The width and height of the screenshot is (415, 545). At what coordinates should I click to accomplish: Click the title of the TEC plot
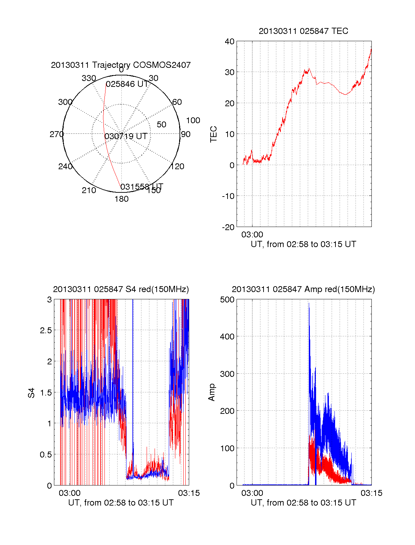[x=303, y=31]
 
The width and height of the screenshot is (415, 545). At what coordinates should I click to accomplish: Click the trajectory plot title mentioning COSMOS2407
[x=121, y=65]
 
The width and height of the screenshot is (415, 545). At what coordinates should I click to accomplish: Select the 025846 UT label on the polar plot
[x=127, y=84]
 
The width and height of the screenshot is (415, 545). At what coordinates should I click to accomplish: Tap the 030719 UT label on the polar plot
[x=126, y=136]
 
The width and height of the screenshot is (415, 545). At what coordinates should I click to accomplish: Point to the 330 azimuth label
[x=89, y=78]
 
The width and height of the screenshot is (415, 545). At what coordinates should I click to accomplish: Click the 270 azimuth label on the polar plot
[x=56, y=134]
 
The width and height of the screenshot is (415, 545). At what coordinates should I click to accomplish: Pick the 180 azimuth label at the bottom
[x=121, y=199]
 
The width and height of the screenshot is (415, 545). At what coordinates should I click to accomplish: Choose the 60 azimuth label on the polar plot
[x=177, y=102]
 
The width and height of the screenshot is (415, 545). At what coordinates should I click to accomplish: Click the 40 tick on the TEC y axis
[x=230, y=42]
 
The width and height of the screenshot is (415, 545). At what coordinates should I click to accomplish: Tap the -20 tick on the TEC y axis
[x=228, y=227]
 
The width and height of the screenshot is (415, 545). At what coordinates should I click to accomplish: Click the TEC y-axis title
[x=214, y=134]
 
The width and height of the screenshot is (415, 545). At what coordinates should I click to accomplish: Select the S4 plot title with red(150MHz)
[x=121, y=289]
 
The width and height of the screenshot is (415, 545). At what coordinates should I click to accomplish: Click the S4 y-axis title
[x=31, y=393]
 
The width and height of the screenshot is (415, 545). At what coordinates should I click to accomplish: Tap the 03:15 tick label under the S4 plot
[x=189, y=493]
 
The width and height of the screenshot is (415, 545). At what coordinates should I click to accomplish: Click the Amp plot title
[x=303, y=289]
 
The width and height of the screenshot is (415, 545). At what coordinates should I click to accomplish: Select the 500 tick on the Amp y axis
[x=227, y=300]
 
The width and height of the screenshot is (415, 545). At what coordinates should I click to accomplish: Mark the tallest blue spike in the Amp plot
[x=309, y=305]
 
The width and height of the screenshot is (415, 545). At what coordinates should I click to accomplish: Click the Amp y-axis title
[x=212, y=392]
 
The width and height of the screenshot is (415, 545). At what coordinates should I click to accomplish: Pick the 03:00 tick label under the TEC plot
[x=252, y=235]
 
